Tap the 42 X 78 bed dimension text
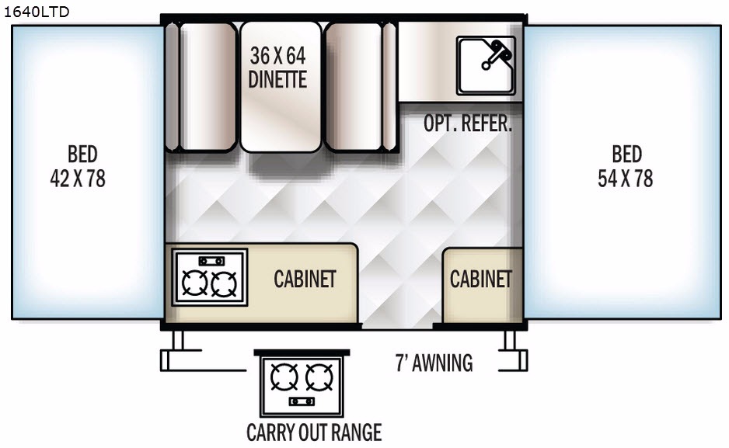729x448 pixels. coord(78,179)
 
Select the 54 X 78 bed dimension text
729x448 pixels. coord(626,179)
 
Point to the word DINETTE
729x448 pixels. coord(277,79)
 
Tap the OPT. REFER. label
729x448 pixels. coord(468,124)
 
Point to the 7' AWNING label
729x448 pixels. coord(434,363)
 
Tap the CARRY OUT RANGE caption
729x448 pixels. coord(314,432)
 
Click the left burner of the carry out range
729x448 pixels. coord(284,378)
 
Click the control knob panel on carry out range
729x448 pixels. coord(302,401)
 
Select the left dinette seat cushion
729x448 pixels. coord(206,85)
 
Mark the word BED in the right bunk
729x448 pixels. coord(626,154)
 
